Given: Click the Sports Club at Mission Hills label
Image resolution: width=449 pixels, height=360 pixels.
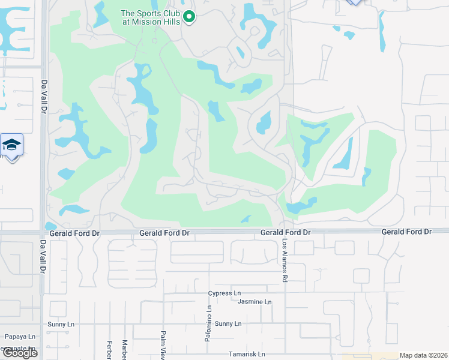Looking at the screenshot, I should tap(151, 17).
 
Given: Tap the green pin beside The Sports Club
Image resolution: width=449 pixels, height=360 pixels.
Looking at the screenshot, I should tap(190, 17).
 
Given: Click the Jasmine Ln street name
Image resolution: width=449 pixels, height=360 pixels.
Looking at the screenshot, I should tap(255, 302).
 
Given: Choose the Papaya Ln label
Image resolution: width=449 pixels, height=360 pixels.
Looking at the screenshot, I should tap(20, 337).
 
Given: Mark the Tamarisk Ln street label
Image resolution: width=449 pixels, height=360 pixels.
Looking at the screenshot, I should tap(246, 354).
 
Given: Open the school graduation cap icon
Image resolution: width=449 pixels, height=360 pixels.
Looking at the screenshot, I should tap(11, 145).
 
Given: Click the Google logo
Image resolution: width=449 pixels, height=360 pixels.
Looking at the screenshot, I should tap(20, 353).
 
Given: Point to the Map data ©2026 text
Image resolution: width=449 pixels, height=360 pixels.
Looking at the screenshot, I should tap(424, 355).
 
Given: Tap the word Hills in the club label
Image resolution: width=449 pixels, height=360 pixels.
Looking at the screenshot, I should tap(172, 22).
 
